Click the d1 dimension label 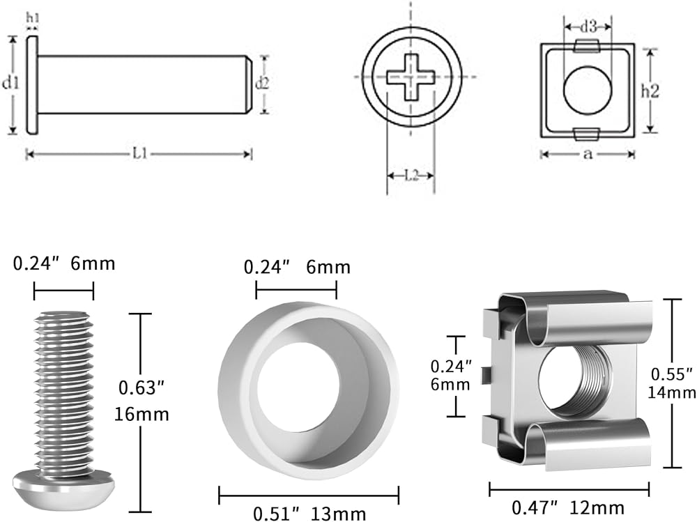(x=10, y=83)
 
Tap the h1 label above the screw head (x=33, y=18)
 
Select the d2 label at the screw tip (x=262, y=83)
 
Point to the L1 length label (x=140, y=154)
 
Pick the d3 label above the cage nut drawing (x=588, y=27)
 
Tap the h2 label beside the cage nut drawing (x=650, y=91)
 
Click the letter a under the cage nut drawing (x=588, y=155)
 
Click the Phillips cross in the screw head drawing (x=410, y=77)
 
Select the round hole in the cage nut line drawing (x=587, y=91)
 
